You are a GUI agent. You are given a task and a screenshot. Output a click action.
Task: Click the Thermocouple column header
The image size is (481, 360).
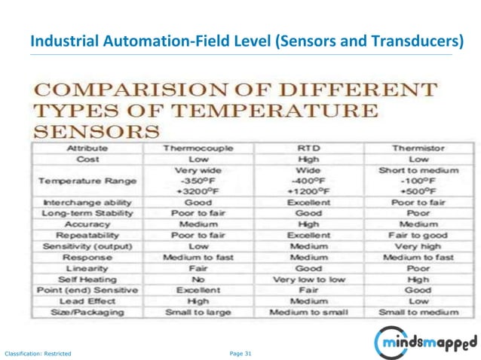(198, 148)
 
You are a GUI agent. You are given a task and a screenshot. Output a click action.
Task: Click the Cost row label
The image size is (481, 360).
(88, 159)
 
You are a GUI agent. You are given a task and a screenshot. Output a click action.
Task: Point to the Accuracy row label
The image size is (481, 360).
(88, 224)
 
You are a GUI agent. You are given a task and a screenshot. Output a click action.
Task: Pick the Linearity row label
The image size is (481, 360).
(88, 268)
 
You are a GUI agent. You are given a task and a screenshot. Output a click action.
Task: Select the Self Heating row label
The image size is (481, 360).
(88, 279)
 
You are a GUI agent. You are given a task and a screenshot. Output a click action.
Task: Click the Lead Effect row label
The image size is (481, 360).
(88, 301)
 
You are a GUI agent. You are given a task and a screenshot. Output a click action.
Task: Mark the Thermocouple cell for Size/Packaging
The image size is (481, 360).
(198, 312)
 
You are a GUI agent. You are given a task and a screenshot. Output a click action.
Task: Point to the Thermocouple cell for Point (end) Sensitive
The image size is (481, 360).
(198, 290)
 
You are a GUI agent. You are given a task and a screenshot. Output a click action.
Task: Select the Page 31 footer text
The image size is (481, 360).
(240, 352)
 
